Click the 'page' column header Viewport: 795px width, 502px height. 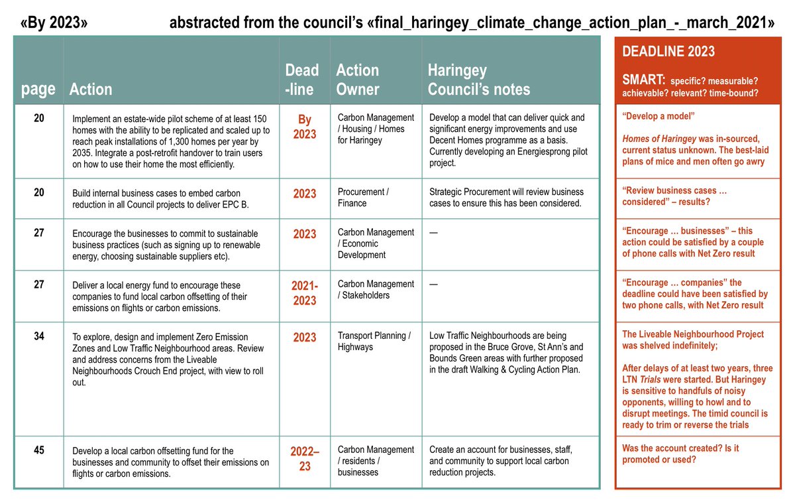38,89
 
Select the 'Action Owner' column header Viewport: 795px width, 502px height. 358,80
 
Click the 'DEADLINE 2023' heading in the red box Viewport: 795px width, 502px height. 668,52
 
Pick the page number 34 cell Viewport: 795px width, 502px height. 38,336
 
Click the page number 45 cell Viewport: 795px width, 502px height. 38,450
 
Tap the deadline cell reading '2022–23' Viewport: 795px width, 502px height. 304,458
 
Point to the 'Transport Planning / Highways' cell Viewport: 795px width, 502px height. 374,341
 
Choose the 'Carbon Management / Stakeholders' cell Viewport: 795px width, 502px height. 376,289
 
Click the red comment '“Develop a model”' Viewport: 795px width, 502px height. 657,116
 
